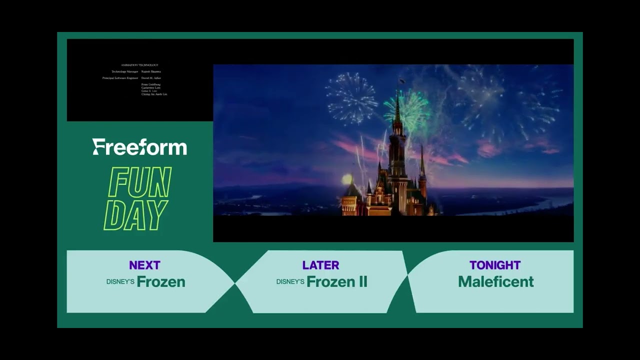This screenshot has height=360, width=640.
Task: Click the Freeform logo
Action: tap(139, 147)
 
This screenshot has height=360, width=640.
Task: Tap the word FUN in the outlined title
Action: tap(139, 182)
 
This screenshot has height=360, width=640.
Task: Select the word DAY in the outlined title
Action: tap(135, 215)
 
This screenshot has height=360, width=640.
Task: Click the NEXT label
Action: tap(144, 265)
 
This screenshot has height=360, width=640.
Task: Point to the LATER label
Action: tap(320, 265)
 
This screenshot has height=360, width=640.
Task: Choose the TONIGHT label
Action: tap(495, 265)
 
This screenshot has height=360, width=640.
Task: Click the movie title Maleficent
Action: tap(495, 282)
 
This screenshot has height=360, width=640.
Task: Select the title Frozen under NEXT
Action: tap(161, 282)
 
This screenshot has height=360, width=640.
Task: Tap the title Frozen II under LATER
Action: tap(336, 282)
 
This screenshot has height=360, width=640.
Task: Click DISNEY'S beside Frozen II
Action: tap(290, 282)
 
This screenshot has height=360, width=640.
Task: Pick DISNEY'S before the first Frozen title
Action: tap(120, 282)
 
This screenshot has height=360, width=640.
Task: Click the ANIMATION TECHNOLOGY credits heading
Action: tap(139, 65)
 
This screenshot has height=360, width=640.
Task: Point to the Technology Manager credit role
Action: tap(124, 71)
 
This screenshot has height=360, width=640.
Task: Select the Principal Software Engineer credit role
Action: tap(120, 78)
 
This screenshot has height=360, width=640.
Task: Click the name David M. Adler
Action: tap(151, 78)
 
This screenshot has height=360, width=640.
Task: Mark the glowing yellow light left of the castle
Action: tap(346, 179)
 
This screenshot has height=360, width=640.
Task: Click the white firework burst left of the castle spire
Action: tap(351, 97)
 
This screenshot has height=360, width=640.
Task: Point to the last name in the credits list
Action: tap(154, 94)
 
